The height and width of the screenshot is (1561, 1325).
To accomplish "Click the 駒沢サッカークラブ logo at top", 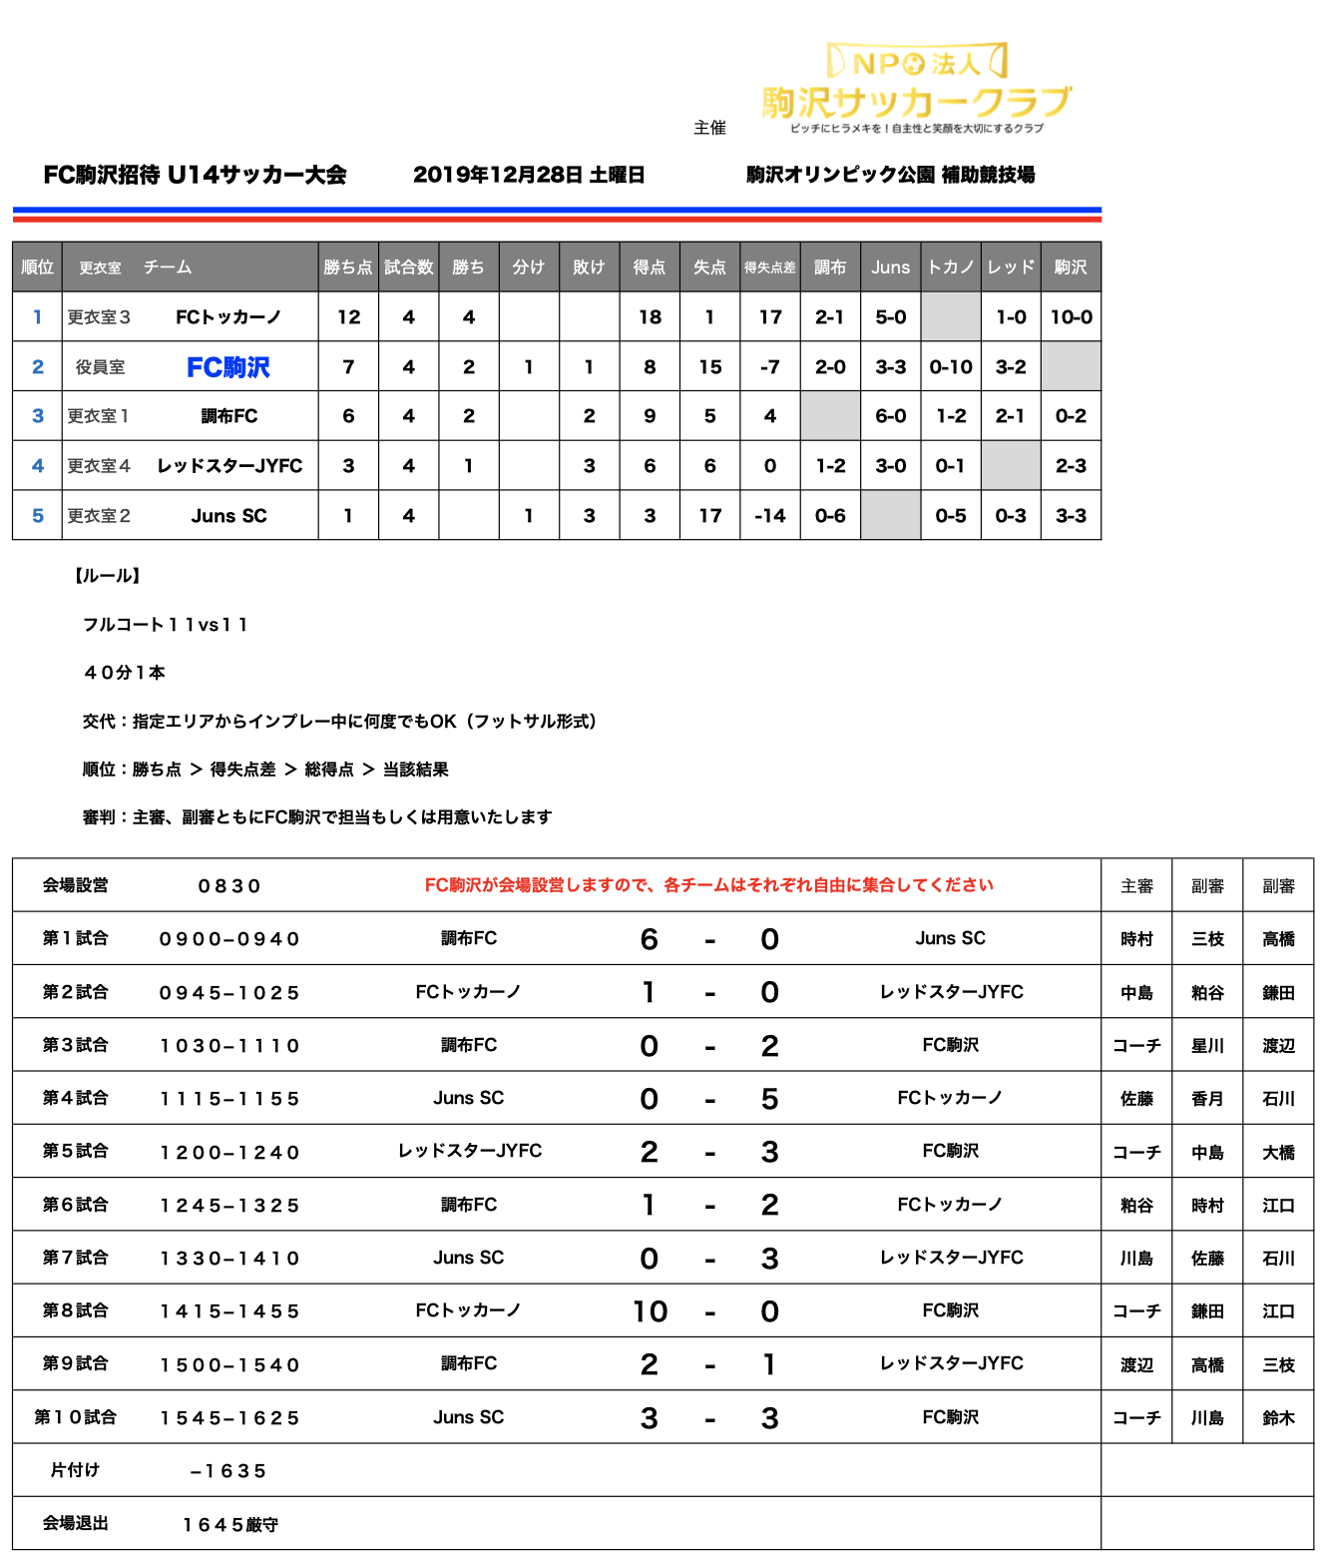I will pos(916,88).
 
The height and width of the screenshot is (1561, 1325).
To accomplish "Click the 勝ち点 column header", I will pos(348,267).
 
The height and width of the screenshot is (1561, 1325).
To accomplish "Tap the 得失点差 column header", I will pos(769,267).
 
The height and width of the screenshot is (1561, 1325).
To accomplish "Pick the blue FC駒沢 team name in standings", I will pos(228,367).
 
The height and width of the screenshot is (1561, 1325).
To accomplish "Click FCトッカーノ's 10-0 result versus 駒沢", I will pos(1071,317).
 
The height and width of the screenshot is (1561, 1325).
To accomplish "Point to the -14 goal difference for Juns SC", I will pos(769,516).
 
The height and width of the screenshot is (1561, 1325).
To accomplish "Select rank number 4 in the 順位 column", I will pos(38,466).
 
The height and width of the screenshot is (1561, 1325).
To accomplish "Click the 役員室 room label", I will pos(100,367).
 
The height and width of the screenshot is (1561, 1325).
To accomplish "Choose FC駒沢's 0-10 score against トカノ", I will pos(950,367).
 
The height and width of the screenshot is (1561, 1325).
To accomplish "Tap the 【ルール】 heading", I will pos(108,576).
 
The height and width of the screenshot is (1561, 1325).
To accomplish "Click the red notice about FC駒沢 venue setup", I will pos(708,885).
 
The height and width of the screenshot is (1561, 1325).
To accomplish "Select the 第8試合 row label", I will pos(76,1310).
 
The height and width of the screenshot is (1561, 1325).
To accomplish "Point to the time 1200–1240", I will pos(229,1152).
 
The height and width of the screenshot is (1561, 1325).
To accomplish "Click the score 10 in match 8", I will pos(650,1311).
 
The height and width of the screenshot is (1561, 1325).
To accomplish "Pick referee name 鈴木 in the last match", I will pos(1278,1417).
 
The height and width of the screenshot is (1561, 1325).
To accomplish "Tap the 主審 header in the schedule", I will pos(1136,886).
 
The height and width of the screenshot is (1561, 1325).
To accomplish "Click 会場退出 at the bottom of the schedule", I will pos(76,1523).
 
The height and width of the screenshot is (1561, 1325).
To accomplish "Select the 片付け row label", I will pos(76,1470).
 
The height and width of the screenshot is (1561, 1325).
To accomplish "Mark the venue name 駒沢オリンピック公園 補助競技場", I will pos(890,175).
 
